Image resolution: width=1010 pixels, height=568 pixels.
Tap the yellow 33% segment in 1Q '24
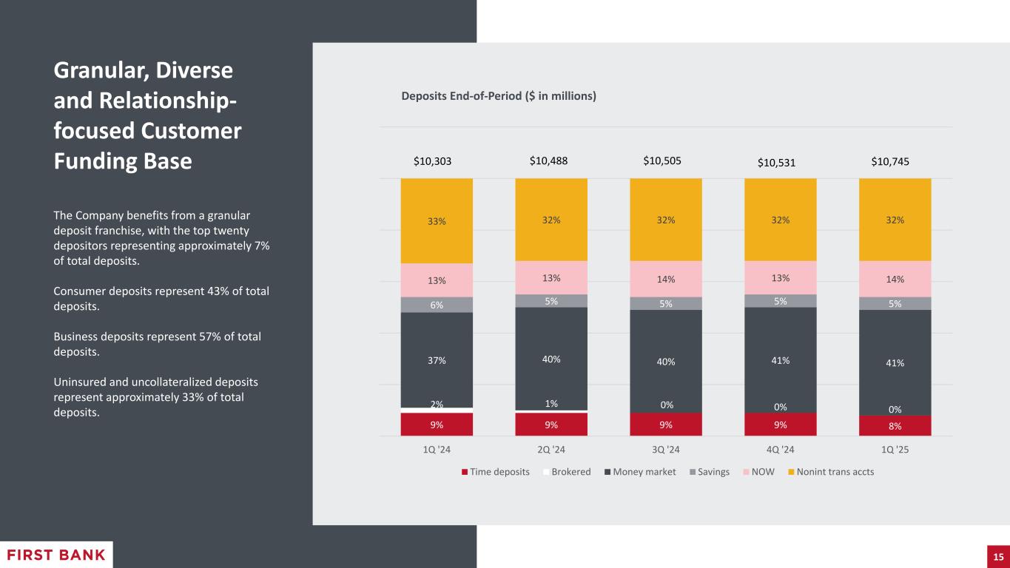pyautogui.click(x=437, y=220)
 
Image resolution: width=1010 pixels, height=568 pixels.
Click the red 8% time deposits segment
pyautogui.click(x=895, y=425)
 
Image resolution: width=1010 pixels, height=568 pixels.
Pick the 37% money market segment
pyautogui.click(x=437, y=360)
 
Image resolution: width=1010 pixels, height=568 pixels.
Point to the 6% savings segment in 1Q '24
pyautogui.click(x=437, y=304)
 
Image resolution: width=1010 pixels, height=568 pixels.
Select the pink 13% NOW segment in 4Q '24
pyautogui.click(x=780, y=278)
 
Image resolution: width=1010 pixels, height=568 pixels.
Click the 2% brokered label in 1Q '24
pyautogui.click(x=437, y=404)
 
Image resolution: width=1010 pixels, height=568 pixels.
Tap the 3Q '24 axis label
pyautogui.click(x=666, y=450)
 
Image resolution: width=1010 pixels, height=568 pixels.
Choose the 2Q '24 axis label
pyautogui.click(x=551, y=450)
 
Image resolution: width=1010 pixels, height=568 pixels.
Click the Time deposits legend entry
pyautogui.click(x=496, y=472)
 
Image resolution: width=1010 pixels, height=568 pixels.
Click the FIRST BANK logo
pyautogui.click(x=56, y=555)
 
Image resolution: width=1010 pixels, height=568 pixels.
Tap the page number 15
pyautogui.click(x=997, y=556)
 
